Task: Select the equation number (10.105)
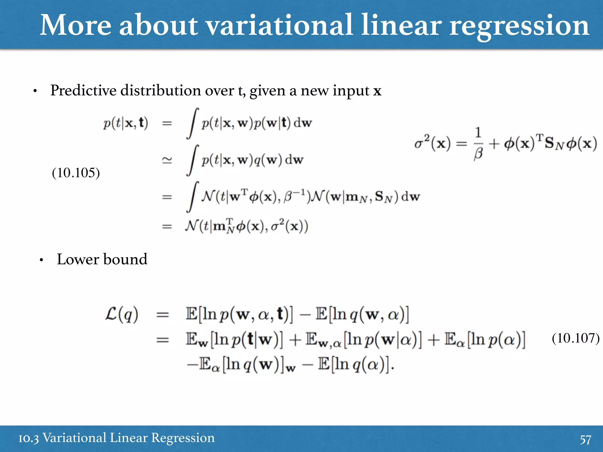point(76,173)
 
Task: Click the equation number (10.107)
point(576,338)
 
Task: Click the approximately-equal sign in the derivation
point(167,160)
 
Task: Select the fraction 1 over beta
point(478,144)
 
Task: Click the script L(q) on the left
point(122,314)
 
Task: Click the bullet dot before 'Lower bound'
point(42,260)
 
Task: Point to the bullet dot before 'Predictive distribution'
point(35,91)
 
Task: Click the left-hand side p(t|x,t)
point(125,123)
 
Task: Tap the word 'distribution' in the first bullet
point(161,91)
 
